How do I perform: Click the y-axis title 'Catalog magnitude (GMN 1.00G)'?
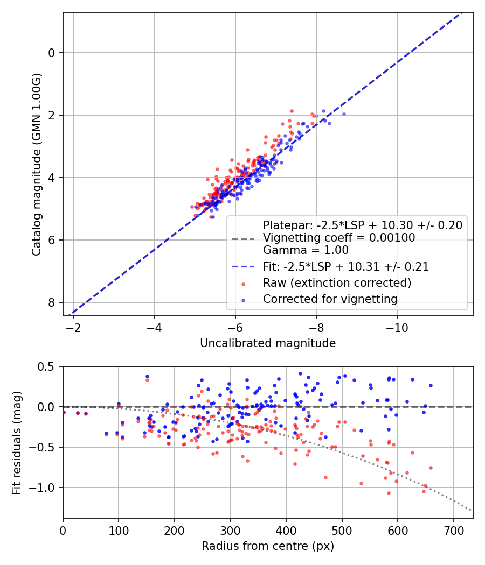tap(37, 164)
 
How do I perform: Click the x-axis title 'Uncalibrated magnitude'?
tap(268, 343)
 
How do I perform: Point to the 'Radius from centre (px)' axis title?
tap(268, 546)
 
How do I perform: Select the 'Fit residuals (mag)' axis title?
tap(17, 442)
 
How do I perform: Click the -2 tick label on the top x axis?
tap(74, 328)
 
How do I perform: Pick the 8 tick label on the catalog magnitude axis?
tap(52, 302)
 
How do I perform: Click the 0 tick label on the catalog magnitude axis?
tap(52, 53)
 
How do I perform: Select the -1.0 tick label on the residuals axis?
tap(45, 488)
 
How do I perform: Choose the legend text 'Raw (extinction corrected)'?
tap(337, 283)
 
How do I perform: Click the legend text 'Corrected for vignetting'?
tap(330, 299)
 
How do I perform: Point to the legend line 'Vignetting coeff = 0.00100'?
tap(338, 238)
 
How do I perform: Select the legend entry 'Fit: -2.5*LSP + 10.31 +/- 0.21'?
tap(345, 266)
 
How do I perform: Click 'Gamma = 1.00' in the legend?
tap(306, 250)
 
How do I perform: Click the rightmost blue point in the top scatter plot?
tap(344, 114)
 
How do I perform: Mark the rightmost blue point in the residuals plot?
tap(431, 385)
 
